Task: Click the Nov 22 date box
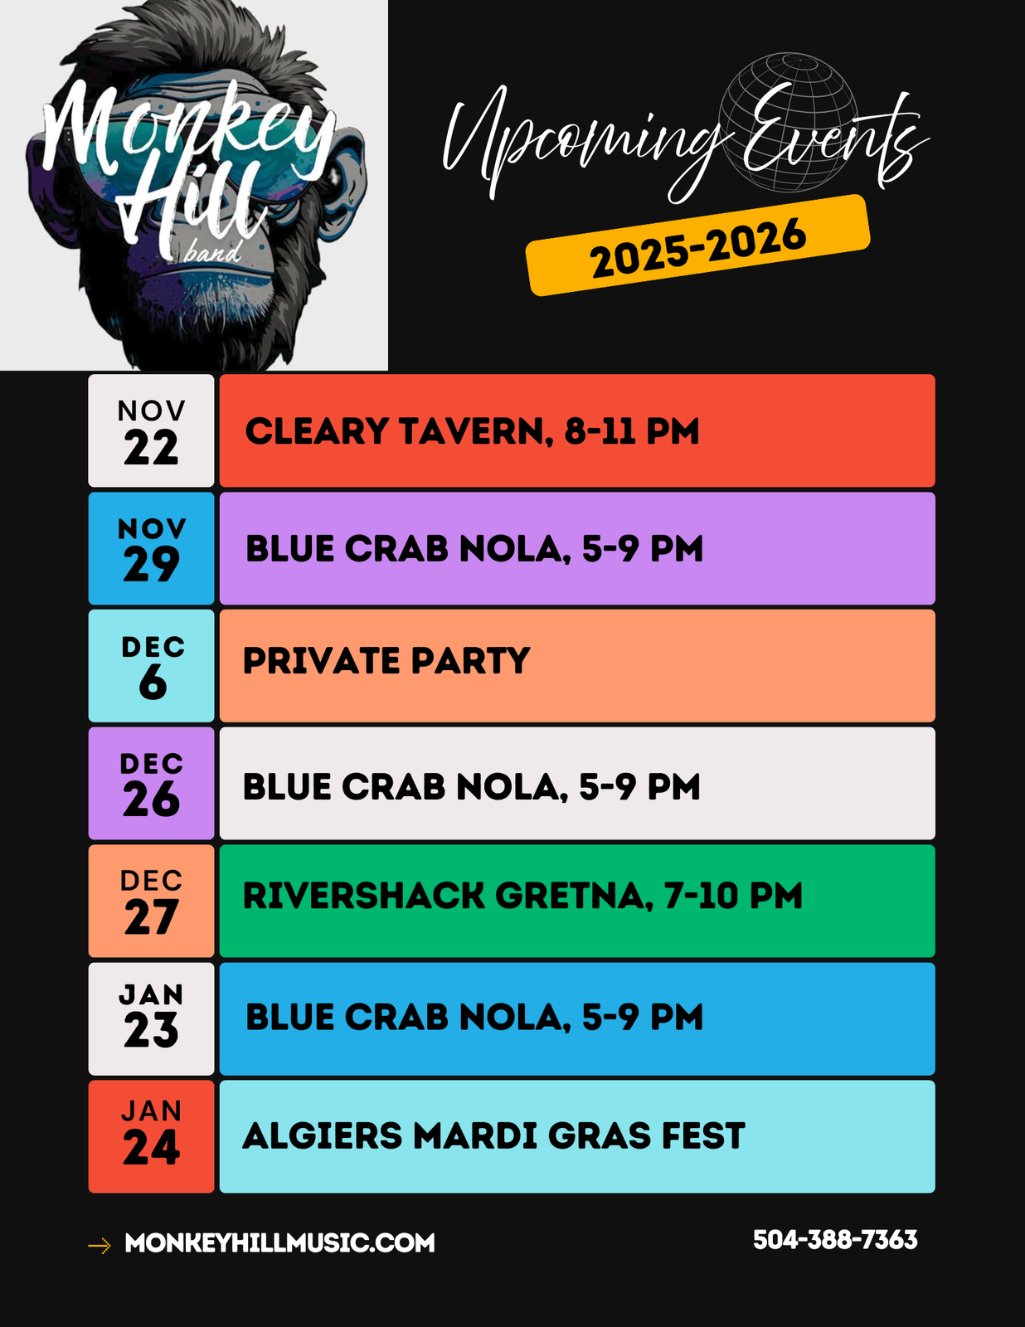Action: pyautogui.click(x=152, y=430)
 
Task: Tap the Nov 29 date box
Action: pyautogui.click(x=152, y=548)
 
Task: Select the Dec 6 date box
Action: pyautogui.click(x=152, y=666)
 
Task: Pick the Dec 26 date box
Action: pyautogui.click(x=152, y=784)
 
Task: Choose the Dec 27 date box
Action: pyautogui.click(x=152, y=901)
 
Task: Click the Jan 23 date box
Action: pyautogui.click(x=152, y=1019)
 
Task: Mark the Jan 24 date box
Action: pyautogui.click(x=152, y=1136)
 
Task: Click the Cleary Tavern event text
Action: pyautogui.click(x=472, y=431)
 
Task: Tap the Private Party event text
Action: pyautogui.click(x=386, y=660)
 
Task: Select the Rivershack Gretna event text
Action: pyautogui.click(x=522, y=896)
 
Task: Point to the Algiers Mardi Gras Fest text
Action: pyautogui.click(x=494, y=1136)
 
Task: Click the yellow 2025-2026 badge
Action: pyautogui.click(x=697, y=245)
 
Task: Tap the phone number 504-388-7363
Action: pyautogui.click(x=835, y=1240)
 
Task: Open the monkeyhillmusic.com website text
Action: pyautogui.click(x=279, y=1242)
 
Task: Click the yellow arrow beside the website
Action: pyautogui.click(x=100, y=1245)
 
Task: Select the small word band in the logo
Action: pyautogui.click(x=212, y=251)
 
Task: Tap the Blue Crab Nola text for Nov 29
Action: pyautogui.click(x=474, y=548)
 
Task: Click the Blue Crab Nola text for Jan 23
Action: pyautogui.click(x=474, y=1018)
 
